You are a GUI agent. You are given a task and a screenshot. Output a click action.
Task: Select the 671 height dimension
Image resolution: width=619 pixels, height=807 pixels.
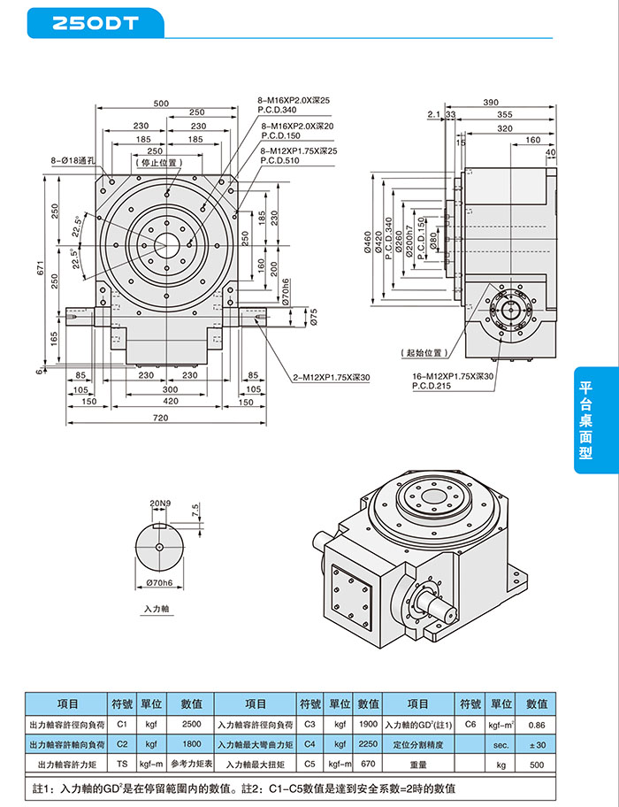click(x=40, y=272)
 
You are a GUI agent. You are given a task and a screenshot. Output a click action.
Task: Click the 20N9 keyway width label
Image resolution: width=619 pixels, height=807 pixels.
click(x=159, y=503)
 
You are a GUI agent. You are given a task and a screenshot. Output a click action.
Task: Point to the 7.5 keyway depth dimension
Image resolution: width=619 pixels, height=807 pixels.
click(x=194, y=511)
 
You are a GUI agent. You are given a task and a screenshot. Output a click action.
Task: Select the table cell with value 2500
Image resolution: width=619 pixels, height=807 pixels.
click(x=191, y=723)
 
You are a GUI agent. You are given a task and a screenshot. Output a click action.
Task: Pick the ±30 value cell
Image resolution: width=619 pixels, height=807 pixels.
click(x=536, y=743)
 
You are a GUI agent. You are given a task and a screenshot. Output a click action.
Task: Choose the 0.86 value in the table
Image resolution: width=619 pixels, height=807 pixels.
click(x=536, y=723)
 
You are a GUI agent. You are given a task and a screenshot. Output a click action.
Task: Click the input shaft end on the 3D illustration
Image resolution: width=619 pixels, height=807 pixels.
click(x=443, y=609)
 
